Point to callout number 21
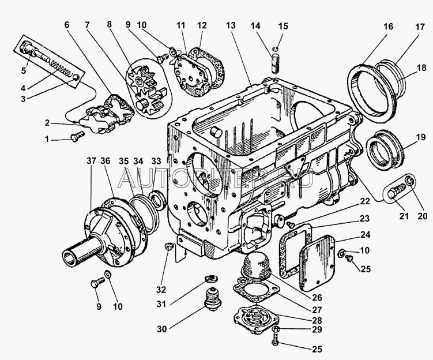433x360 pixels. [404, 217]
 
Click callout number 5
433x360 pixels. [24, 72]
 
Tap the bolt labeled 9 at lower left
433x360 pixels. [97, 283]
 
